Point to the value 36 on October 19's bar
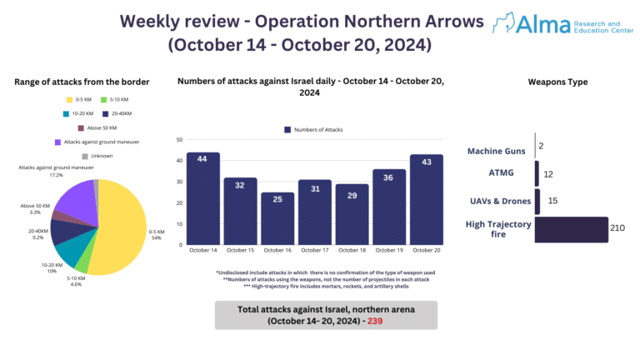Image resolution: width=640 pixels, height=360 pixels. [x=388, y=177]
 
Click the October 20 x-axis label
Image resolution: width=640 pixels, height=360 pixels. [x=426, y=251]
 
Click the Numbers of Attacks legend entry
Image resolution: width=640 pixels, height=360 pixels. [x=313, y=129]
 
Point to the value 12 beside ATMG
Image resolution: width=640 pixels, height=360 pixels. [x=547, y=174]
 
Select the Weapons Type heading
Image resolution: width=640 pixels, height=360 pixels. [x=557, y=82]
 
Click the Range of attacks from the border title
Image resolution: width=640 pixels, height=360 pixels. [x=82, y=81]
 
